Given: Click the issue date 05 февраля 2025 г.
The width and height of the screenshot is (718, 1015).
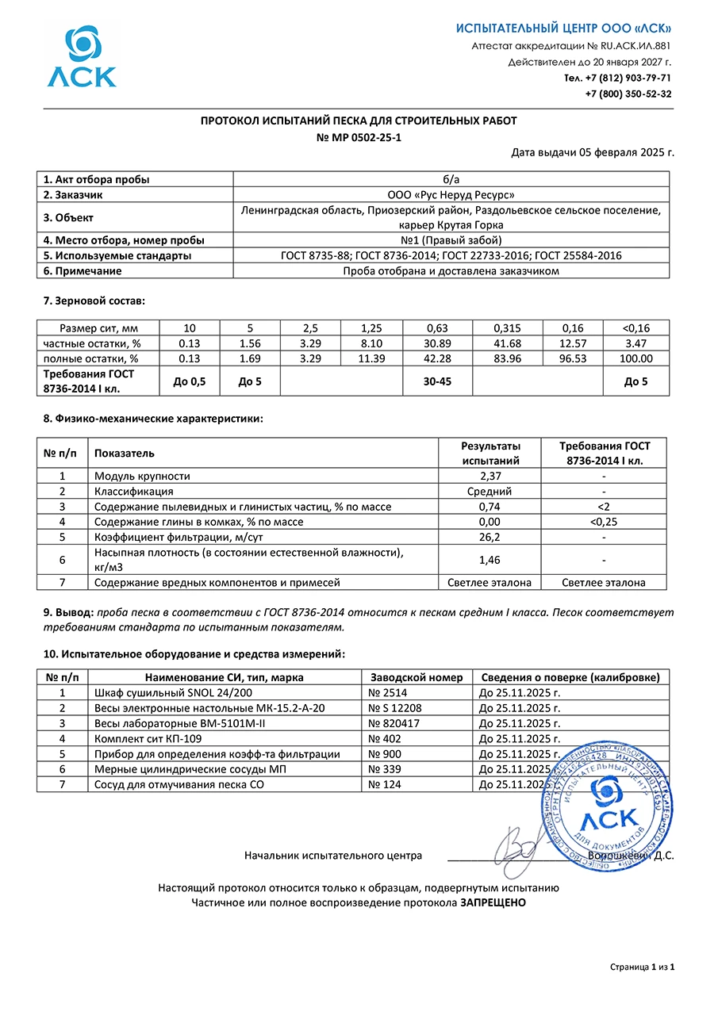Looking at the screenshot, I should (x=618, y=152).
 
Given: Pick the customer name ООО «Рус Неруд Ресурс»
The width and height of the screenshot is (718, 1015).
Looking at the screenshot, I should (x=451, y=194).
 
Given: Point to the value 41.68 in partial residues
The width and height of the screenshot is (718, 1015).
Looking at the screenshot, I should (x=507, y=343).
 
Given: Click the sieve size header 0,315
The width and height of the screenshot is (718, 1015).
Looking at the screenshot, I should (x=507, y=327).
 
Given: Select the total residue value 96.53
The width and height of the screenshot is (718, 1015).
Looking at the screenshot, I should (x=572, y=358).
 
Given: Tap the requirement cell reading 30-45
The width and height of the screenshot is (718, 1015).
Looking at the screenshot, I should (x=437, y=381).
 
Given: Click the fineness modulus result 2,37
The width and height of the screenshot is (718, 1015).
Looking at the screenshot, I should (x=490, y=476).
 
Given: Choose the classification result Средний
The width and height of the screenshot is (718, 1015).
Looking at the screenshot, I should (x=490, y=491).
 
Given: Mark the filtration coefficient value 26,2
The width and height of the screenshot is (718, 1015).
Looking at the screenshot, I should (x=490, y=537).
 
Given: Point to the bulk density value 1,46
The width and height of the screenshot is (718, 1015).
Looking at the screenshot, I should (x=490, y=560).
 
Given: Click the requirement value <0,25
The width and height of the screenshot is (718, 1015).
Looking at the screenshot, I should (x=604, y=522).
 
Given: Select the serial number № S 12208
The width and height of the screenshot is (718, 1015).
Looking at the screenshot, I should (x=395, y=708).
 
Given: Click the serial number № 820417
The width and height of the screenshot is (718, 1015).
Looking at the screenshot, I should (x=394, y=723).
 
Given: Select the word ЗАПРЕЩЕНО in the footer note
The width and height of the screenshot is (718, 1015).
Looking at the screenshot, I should (x=493, y=902).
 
